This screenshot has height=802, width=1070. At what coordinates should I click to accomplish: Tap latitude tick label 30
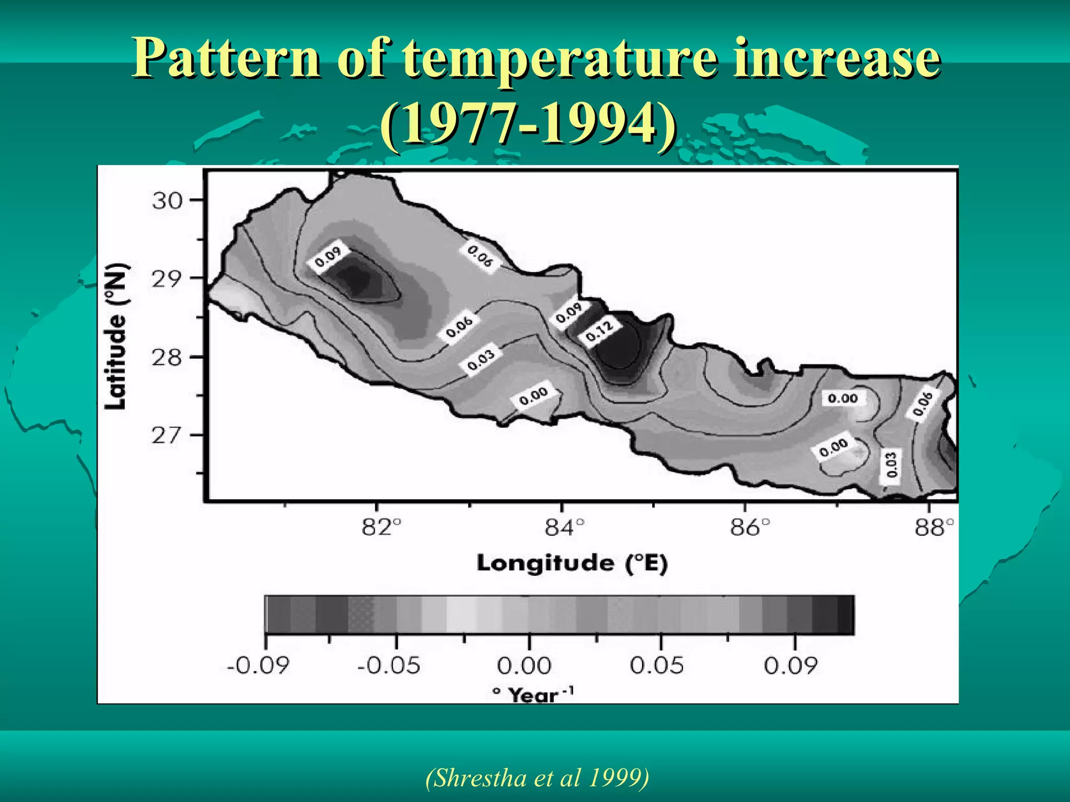point(167,200)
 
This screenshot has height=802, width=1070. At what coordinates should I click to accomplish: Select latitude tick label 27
point(167,435)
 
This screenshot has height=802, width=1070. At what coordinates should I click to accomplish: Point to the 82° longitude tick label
point(382,528)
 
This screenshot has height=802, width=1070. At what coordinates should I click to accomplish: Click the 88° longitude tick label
point(934,528)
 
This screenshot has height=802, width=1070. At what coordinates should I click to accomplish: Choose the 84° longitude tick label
point(565,528)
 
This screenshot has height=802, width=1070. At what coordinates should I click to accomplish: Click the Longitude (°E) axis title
point(572,563)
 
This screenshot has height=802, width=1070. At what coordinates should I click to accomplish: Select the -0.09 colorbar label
point(258,666)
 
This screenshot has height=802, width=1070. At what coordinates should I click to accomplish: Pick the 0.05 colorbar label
point(657,666)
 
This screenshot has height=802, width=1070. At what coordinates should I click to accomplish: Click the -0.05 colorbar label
point(389,666)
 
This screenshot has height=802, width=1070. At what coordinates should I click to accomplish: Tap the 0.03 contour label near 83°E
point(481,360)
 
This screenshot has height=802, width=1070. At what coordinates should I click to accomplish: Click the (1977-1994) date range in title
point(528,124)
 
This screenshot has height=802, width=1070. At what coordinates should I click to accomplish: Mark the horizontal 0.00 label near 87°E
point(843,399)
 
